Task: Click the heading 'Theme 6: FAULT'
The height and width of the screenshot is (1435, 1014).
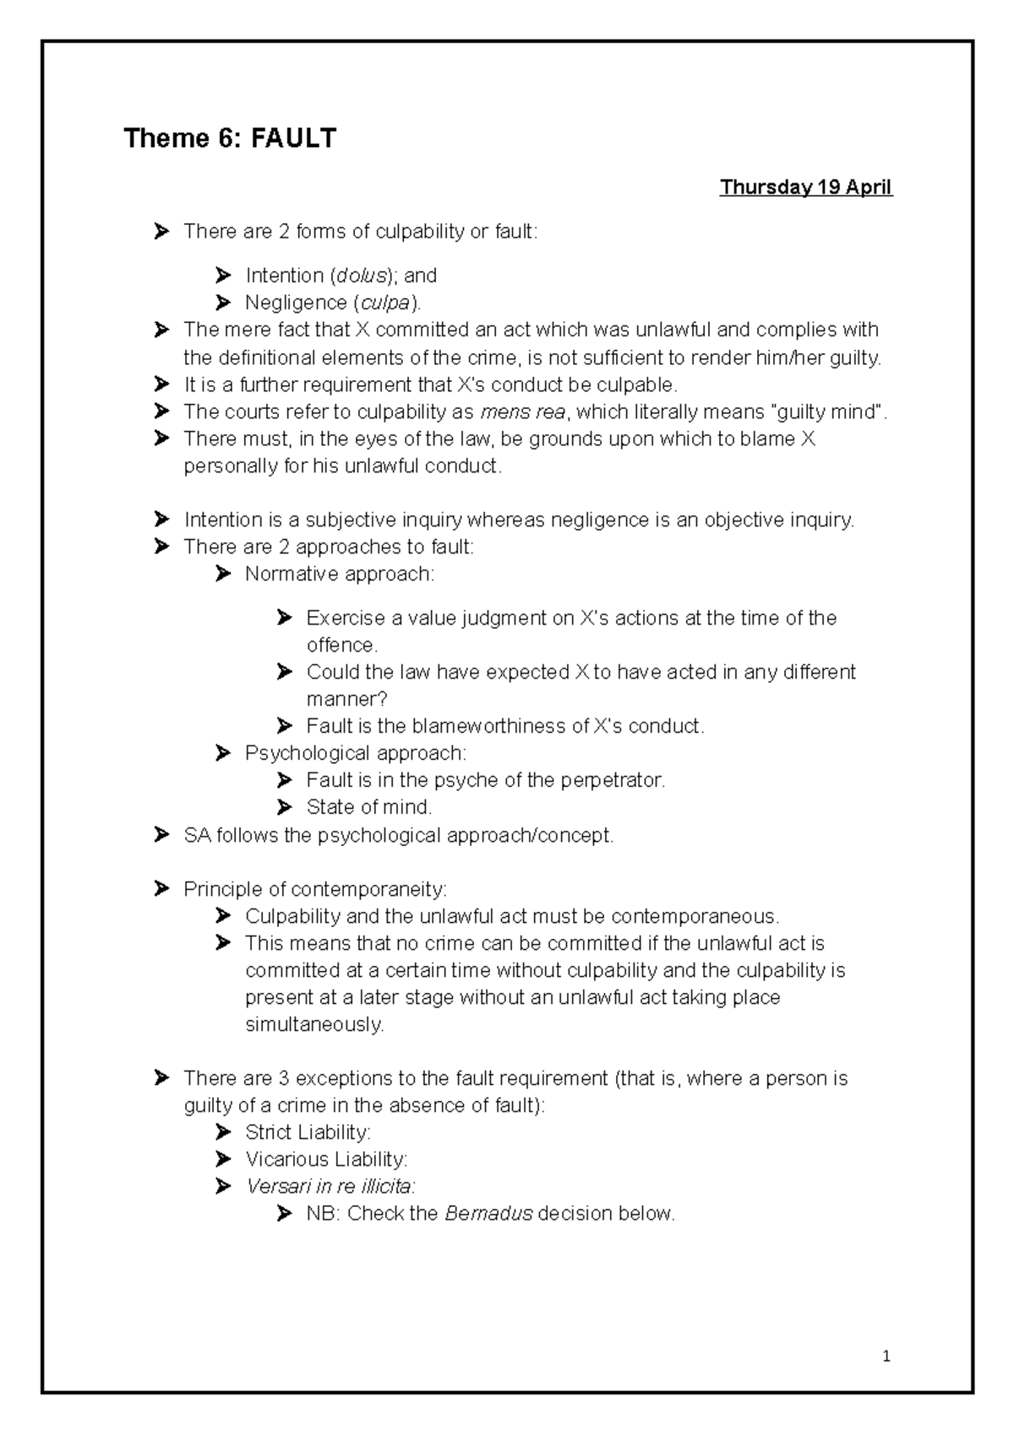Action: click(230, 138)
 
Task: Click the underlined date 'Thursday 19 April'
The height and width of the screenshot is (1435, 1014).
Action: click(805, 188)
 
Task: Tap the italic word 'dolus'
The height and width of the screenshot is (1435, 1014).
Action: click(361, 276)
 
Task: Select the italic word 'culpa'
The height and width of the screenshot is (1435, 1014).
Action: click(385, 303)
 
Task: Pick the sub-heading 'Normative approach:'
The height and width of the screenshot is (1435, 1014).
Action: click(339, 575)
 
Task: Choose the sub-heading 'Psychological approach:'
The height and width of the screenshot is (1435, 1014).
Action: click(355, 753)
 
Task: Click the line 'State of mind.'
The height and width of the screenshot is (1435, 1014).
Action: click(368, 807)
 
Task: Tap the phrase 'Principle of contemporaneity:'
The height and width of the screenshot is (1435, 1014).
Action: click(314, 889)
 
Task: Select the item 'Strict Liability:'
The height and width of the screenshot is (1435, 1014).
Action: click(308, 1132)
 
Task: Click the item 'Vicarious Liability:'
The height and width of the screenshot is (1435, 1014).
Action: click(326, 1159)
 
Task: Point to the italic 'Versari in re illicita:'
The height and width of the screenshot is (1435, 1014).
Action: click(330, 1187)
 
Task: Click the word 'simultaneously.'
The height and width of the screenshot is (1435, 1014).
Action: click(314, 1024)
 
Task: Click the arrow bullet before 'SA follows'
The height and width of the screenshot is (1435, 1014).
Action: click(161, 835)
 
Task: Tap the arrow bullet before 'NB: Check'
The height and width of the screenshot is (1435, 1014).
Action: click(284, 1214)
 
